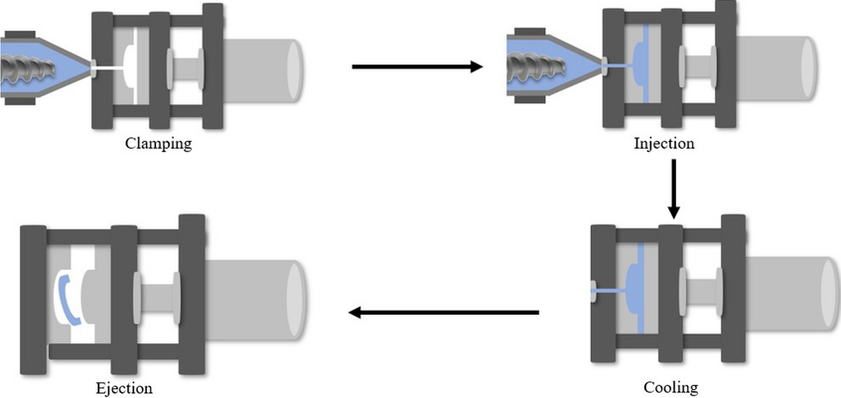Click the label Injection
663,143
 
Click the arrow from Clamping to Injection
417,67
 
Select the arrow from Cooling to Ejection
443,314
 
